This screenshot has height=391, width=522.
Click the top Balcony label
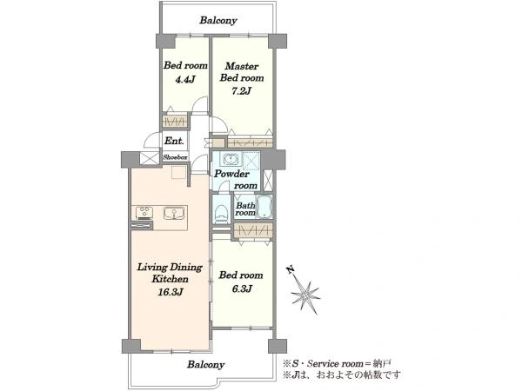218,20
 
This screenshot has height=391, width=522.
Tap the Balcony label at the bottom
205,364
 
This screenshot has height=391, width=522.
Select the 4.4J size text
184,79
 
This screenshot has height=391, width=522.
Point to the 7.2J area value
241,90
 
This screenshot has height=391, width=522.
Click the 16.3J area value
171,292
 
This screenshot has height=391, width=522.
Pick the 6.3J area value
242,288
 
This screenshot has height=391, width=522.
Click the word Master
242,66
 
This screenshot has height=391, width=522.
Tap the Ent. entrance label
174,141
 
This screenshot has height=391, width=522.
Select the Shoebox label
175,157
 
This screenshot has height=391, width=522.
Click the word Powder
231,174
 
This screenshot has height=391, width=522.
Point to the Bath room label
245,209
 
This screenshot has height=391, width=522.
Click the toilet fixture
221,213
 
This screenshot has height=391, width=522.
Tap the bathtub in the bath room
264,206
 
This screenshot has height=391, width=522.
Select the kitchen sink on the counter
174,213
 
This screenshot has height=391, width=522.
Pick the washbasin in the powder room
230,159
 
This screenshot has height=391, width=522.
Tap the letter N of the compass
291,269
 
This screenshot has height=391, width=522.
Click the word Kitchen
171,279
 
